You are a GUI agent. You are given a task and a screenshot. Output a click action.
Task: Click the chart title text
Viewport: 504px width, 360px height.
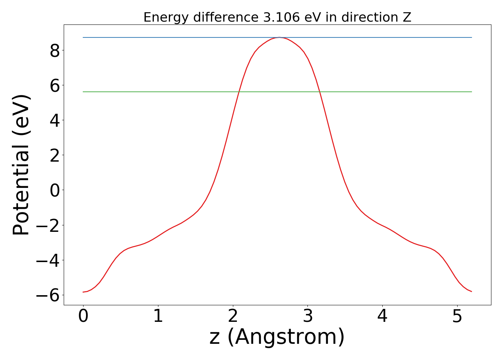[x=277, y=17]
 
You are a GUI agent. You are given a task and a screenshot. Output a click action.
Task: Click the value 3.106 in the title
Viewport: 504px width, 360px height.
[x=280, y=17]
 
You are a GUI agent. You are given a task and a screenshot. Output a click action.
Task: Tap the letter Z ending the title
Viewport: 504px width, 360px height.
[x=407, y=17]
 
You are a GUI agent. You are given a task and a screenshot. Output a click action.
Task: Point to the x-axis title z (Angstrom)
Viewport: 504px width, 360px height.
[x=277, y=337]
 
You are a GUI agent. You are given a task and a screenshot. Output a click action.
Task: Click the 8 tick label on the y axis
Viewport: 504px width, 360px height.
[x=55, y=51]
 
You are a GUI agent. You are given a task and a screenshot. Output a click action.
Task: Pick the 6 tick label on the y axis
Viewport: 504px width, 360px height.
[x=55, y=86]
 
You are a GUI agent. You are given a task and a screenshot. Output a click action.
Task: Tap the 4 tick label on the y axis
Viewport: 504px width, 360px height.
[x=55, y=121]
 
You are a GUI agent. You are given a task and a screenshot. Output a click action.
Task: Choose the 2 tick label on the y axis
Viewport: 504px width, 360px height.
[x=55, y=156]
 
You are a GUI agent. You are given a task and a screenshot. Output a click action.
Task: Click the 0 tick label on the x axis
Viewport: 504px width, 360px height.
[x=83, y=317]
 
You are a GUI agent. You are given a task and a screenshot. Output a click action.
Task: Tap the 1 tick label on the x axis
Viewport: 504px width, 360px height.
[x=158, y=317]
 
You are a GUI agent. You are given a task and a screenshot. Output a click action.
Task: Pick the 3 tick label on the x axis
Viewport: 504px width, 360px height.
[x=307, y=317]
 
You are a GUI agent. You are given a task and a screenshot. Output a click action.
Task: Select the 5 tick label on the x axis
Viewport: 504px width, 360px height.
[x=457, y=317]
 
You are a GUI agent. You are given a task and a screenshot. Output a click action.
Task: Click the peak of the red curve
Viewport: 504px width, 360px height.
[x=279, y=37]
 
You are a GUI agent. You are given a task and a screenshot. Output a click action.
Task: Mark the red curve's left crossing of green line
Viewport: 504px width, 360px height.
[x=239, y=92]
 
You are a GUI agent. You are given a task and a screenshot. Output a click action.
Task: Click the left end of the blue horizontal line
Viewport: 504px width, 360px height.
[x=84, y=37]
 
